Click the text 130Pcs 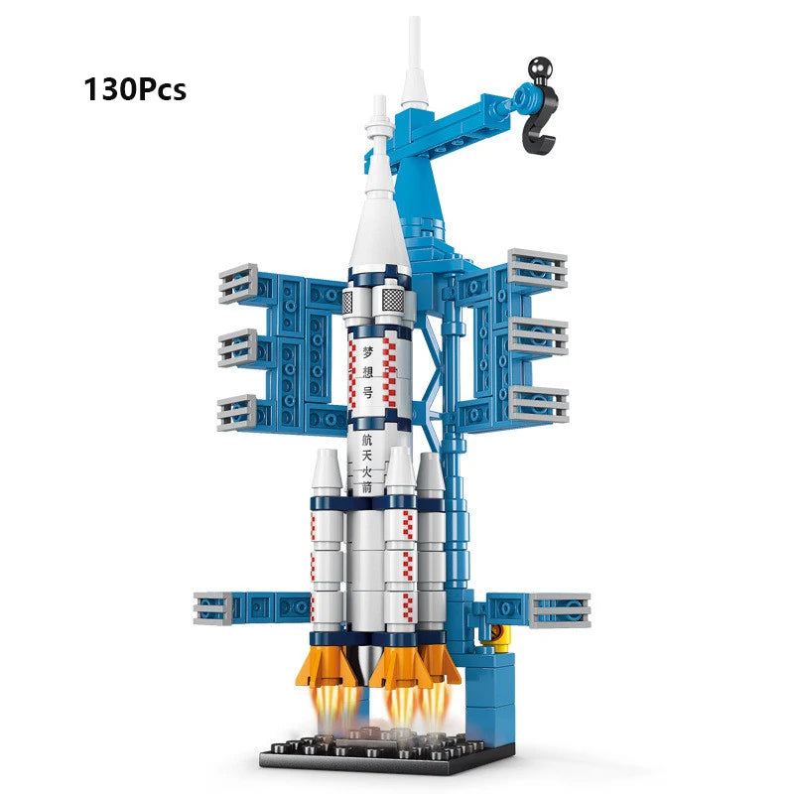tap(135, 89)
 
